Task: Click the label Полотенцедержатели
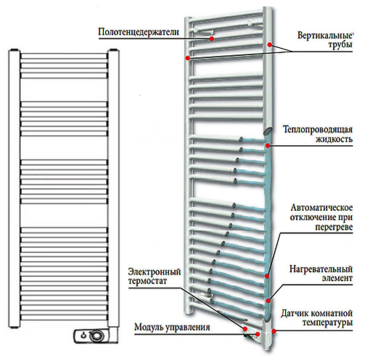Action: pyautogui.click(x=139, y=32)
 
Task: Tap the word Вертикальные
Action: pyautogui.click(x=325, y=36)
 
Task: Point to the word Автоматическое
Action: pyautogui.click(x=322, y=208)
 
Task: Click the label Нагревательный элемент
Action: pyautogui.click(x=321, y=274)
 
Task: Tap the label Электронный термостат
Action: pyautogui.click(x=155, y=276)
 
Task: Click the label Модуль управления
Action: pyautogui.click(x=172, y=327)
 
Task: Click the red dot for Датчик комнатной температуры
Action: pyautogui.click(x=274, y=331)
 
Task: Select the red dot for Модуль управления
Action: pyautogui.click(x=258, y=334)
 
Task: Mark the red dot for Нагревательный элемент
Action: pyautogui.click(x=268, y=300)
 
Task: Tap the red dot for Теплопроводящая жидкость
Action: pyautogui.click(x=267, y=146)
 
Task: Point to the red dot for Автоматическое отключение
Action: pyautogui.click(x=267, y=276)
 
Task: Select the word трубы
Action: pyautogui.click(x=343, y=45)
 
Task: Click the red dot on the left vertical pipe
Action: pyautogui.click(x=187, y=58)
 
